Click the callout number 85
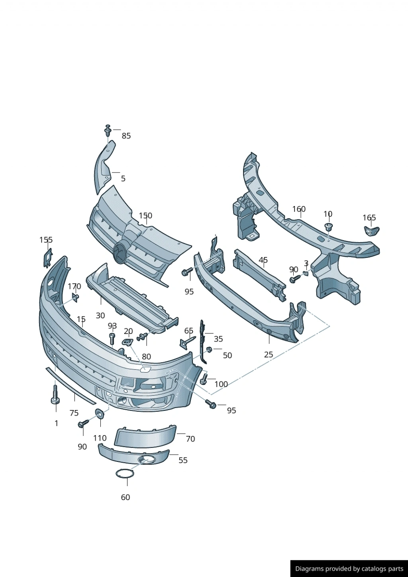tap(126, 136)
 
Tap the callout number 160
tap(299, 209)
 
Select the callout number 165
tap(369, 218)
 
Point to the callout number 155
tap(46, 240)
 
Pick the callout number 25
tap(269, 355)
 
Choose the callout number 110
tap(100, 438)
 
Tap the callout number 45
tap(263, 260)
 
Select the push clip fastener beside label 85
tap(108, 131)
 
